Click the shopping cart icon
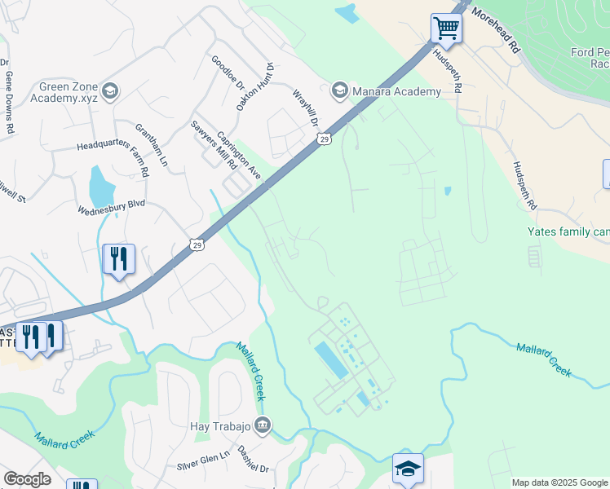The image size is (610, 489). (x=446, y=29)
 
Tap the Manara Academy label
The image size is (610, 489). (x=396, y=91)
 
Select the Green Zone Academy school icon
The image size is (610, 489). (x=110, y=90)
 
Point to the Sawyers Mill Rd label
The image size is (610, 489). (x=214, y=144)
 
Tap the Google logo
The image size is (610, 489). (x=27, y=479)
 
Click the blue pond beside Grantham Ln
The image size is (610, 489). (x=101, y=187)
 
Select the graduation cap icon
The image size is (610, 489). (x=408, y=469)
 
